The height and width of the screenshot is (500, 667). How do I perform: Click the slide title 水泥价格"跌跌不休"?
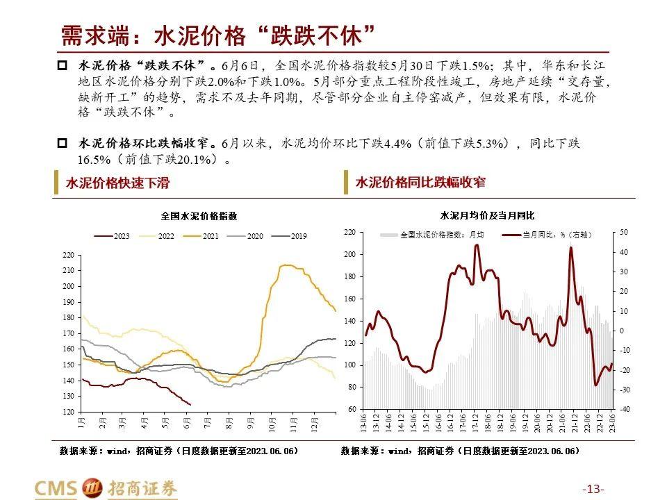pyautogui.click(x=218, y=35)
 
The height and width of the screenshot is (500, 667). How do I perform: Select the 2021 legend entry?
pyautogui.click(x=203, y=236)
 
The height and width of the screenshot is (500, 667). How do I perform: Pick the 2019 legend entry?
pyautogui.click(x=292, y=236)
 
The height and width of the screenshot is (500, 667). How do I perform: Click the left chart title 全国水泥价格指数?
pyautogui.click(x=199, y=216)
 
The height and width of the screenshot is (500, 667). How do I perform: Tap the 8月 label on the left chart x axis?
pyautogui.click(x=229, y=422)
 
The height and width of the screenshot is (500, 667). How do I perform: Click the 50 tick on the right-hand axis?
pyautogui.click(x=623, y=232)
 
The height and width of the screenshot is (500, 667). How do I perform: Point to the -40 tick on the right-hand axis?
pyautogui.click(x=623, y=410)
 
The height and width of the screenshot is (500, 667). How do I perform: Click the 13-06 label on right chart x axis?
pyautogui.click(x=363, y=423)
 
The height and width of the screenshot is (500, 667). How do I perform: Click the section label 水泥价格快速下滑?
pyautogui.click(x=117, y=183)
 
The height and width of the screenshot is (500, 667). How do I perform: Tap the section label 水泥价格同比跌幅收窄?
pyautogui.click(x=420, y=183)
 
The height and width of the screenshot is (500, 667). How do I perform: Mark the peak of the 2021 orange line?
pyautogui.click(x=285, y=265)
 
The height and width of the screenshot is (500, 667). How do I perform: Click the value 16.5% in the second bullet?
pyautogui.click(x=94, y=159)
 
